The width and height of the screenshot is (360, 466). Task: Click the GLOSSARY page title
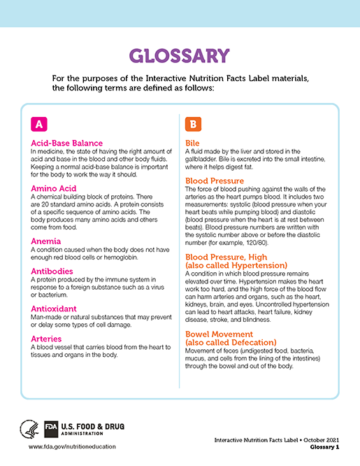(180, 56)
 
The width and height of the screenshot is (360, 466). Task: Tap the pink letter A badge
(39, 124)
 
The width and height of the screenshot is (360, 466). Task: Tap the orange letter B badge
(193, 124)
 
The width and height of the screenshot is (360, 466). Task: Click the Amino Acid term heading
(56, 189)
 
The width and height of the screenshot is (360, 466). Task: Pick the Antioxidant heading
(57, 308)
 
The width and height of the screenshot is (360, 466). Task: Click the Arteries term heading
(50, 338)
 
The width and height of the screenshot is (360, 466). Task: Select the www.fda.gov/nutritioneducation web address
(72, 446)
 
